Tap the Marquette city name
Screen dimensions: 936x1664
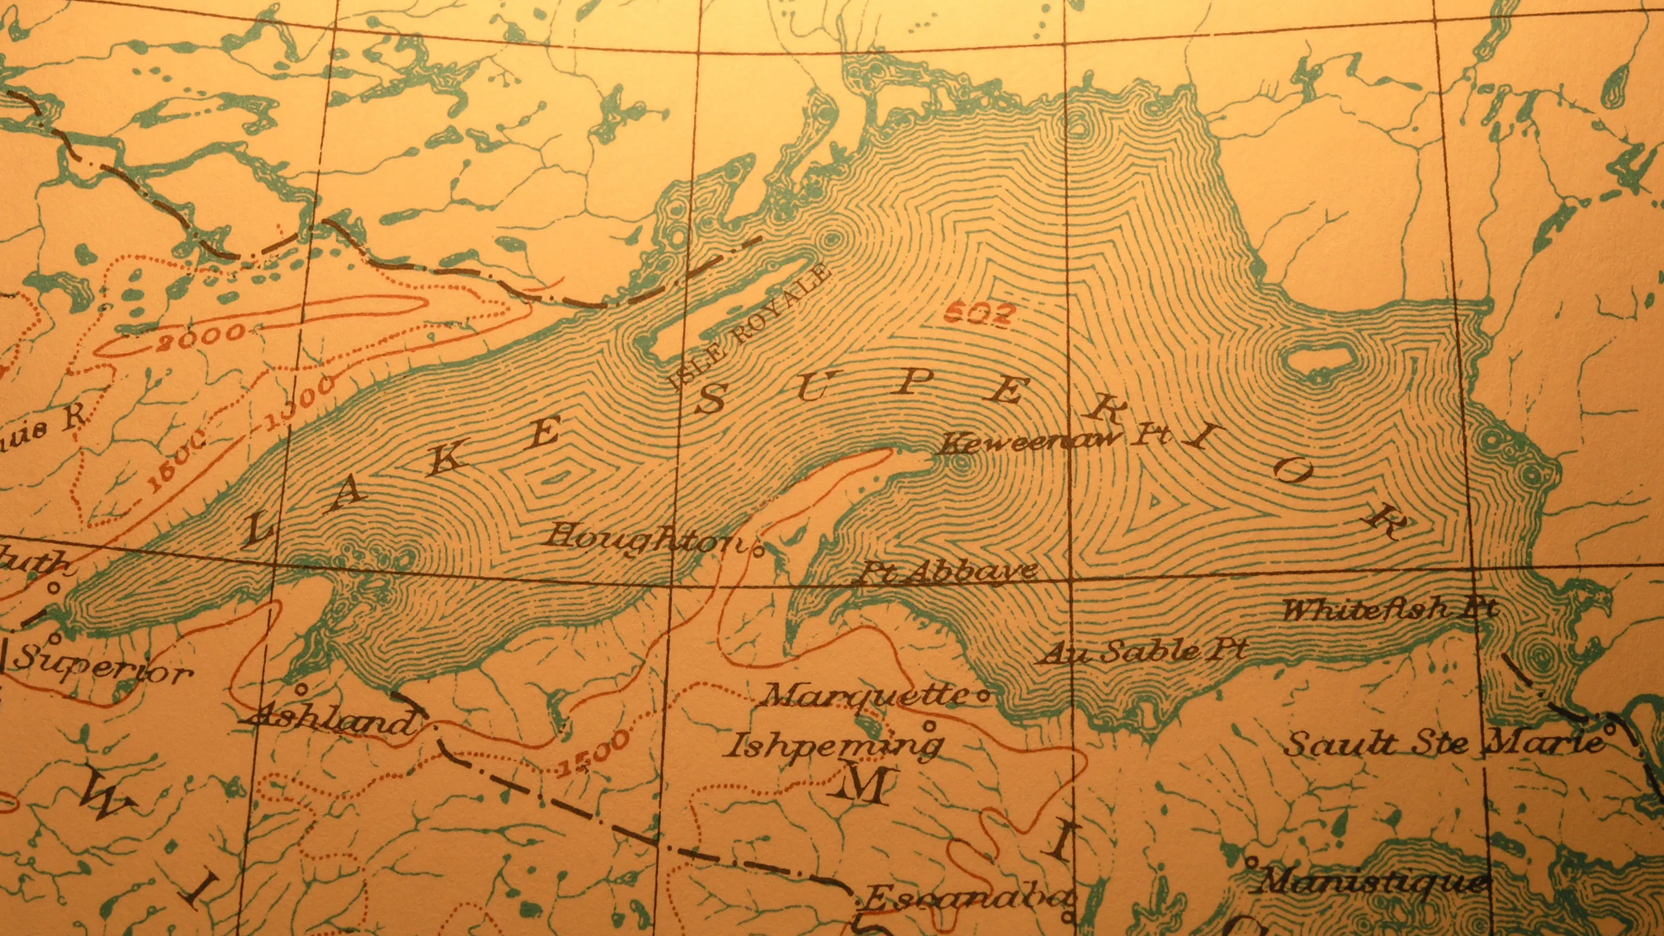pyautogui.click(x=868, y=695)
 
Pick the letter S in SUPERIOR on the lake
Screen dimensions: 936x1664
pyautogui.click(x=710, y=399)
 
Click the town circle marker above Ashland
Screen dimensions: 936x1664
pyautogui.click(x=300, y=688)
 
